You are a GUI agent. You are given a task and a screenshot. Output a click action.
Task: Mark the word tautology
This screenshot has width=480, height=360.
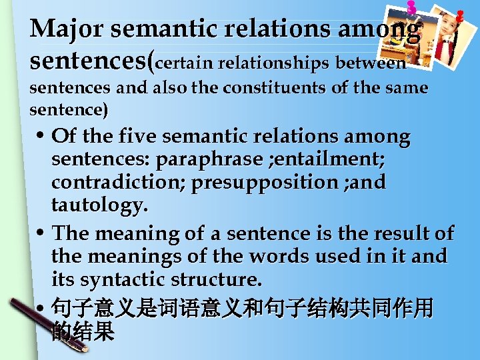pyautogui.click(x=97, y=205)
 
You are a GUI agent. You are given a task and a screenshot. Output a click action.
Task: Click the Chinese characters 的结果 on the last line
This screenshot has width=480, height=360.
pyautogui.click(x=83, y=331)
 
